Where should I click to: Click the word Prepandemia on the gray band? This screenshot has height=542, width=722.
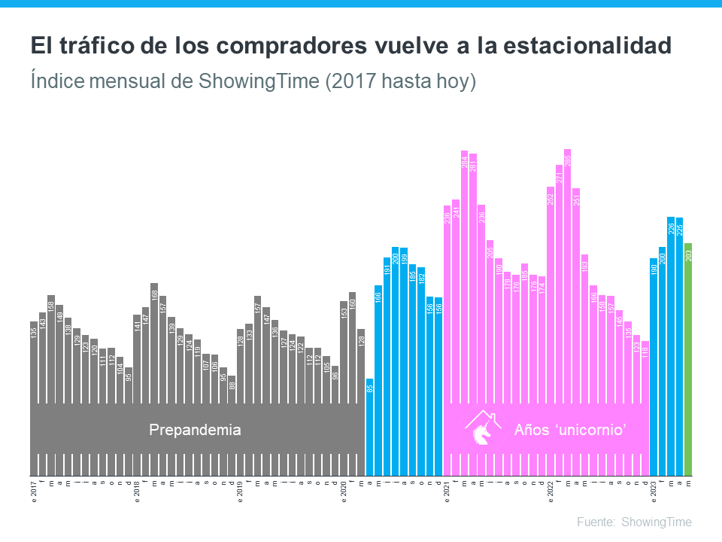pyautogui.click(x=195, y=431)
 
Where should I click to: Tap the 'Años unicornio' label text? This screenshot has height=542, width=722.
pyautogui.click(x=571, y=431)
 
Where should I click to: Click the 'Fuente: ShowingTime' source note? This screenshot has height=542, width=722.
pyautogui.click(x=634, y=522)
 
